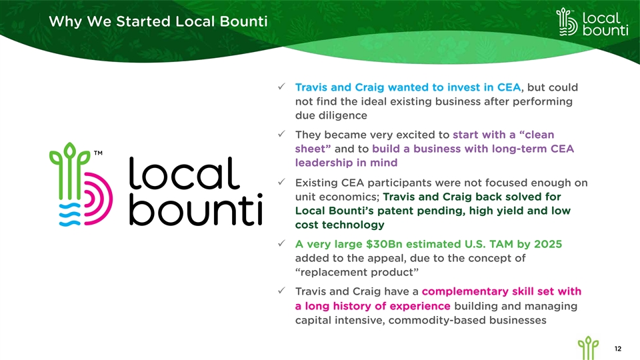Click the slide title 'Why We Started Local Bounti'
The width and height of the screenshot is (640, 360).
[x=158, y=21]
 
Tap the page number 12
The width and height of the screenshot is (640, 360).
[x=618, y=349]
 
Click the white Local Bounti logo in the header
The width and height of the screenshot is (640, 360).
[x=592, y=22]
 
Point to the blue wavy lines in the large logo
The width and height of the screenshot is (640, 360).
[x=70, y=214]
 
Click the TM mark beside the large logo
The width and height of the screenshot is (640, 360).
[x=98, y=153]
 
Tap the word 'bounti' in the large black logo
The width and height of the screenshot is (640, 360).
[x=195, y=210]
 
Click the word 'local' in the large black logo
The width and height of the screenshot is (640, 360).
[x=184, y=173]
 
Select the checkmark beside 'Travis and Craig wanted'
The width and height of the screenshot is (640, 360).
[x=281, y=87]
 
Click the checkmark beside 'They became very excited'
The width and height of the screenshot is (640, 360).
[x=281, y=134]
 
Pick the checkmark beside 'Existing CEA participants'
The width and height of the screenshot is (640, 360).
[x=281, y=181]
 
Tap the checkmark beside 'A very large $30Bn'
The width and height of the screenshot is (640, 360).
[x=281, y=243]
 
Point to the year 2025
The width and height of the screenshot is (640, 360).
[x=548, y=244]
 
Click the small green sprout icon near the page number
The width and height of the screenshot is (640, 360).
[x=588, y=348]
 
